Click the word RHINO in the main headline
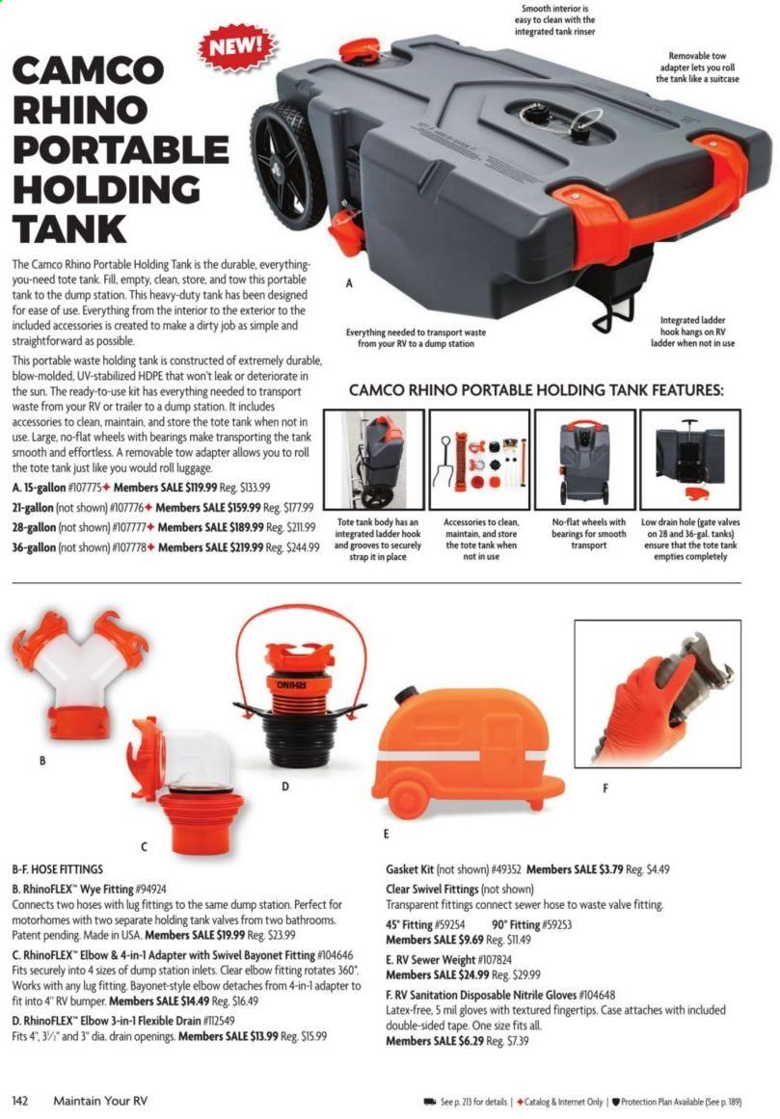tap(80, 110)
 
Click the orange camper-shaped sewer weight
tap(468, 752)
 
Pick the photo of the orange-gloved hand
tap(658, 693)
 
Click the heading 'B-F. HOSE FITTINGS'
tap(58, 869)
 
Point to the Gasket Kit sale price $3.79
tap(610, 869)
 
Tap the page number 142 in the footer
tap(20, 1101)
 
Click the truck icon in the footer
tap(430, 1102)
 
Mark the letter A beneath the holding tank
tap(349, 283)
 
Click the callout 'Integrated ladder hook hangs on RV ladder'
tap(692, 332)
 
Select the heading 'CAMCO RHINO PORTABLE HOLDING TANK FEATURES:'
tap(536, 390)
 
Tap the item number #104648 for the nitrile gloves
tap(598, 995)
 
